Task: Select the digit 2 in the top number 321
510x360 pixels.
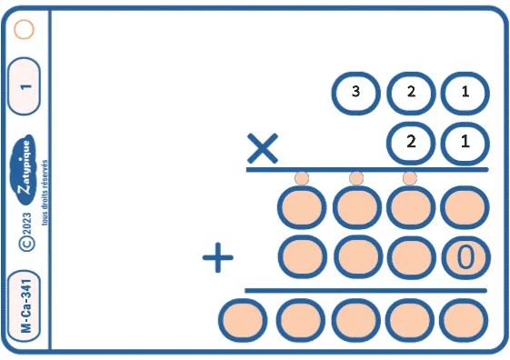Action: tap(411, 92)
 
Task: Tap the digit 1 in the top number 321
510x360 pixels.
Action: tap(465, 92)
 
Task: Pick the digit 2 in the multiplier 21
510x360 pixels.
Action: tap(411, 142)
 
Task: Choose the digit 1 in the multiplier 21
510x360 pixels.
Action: tap(465, 142)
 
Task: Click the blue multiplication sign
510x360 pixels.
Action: tap(263, 148)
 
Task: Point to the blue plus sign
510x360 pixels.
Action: tap(217, 257)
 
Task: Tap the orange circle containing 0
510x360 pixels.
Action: tap(465, 257)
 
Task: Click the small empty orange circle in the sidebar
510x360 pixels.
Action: tap(24, 30)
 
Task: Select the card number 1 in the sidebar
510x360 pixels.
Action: tap(24, 86)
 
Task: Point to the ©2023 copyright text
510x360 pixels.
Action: tap(26, 232)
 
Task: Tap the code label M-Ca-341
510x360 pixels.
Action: tap(24, 305)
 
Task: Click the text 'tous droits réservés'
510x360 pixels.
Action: tap(45, 192)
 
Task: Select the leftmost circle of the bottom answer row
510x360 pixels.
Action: tap(243, 320)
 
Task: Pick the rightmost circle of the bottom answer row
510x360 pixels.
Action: tap(464, 320)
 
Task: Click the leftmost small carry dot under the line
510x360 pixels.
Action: tap(302, 178)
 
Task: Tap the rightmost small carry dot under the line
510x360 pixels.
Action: tap(410, 178)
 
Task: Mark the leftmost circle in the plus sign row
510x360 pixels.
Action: tap(303, 257)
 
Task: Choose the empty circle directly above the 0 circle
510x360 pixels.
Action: tap(465, 207)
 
